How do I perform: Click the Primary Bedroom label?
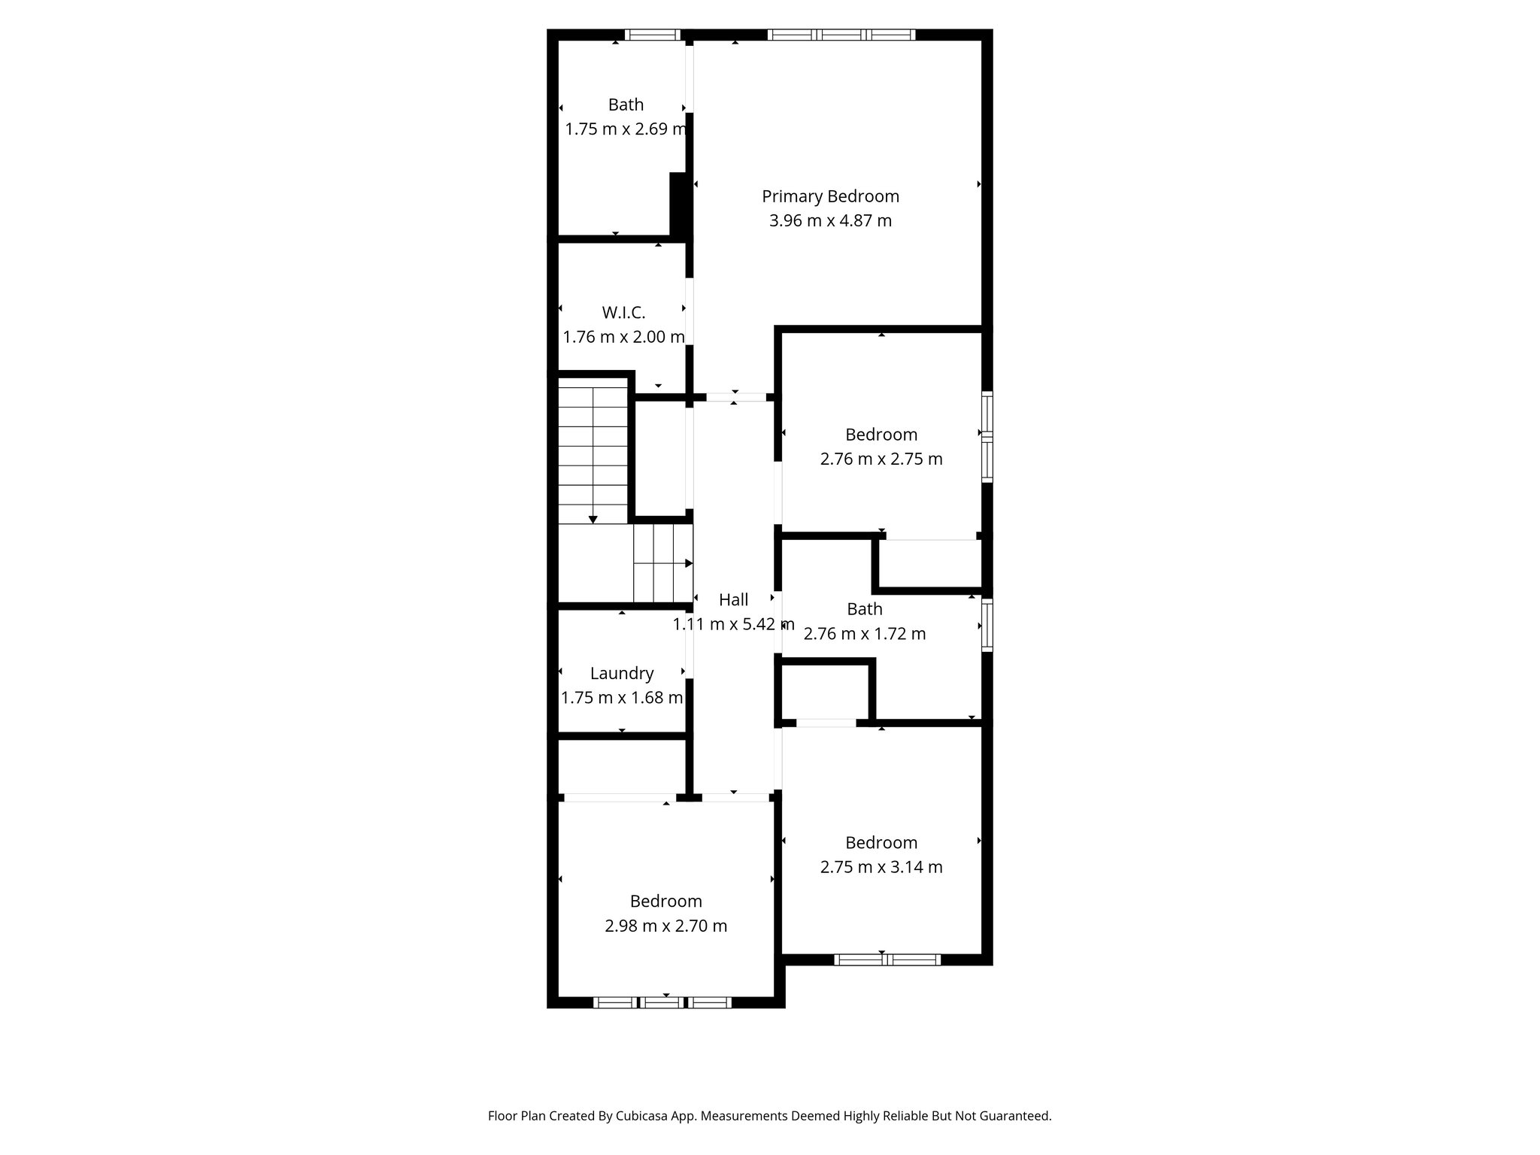coord(830,196)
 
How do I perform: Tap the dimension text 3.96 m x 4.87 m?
coord(830,221)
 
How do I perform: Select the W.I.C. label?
coord(623,312)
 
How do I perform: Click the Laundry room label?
coord(622,674)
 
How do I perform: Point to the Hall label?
coord(733,600)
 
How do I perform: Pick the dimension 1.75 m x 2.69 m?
coord(626,129)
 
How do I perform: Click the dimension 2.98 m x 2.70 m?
coord(665,926)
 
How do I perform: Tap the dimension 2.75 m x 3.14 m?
coord(881,867)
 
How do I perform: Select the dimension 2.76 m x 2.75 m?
coord(881,459)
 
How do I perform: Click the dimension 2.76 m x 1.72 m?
coord(865,634)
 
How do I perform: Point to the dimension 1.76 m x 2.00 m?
coord(623,337)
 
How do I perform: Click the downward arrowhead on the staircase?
coord(593,519)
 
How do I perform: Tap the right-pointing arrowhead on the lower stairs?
coord(689,563)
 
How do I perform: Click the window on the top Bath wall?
coord(652,35)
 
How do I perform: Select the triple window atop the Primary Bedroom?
coord(841,35)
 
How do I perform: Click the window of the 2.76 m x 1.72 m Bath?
coord(987,625)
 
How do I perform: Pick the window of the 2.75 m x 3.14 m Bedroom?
coord(887,959)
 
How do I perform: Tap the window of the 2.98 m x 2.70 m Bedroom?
coord(662,1002)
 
